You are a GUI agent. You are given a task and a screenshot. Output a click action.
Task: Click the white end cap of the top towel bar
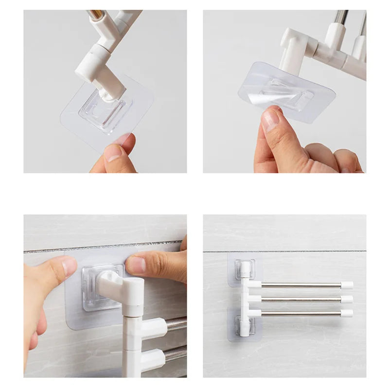[346, 285]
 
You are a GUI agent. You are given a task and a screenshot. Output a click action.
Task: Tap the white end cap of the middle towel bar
[346, 299]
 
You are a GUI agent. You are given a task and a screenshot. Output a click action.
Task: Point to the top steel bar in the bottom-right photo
[301, 285]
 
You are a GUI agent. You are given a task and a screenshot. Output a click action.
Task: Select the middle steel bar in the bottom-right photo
[301, 299]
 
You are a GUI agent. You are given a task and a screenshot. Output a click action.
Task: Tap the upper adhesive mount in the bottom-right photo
[245, 269]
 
